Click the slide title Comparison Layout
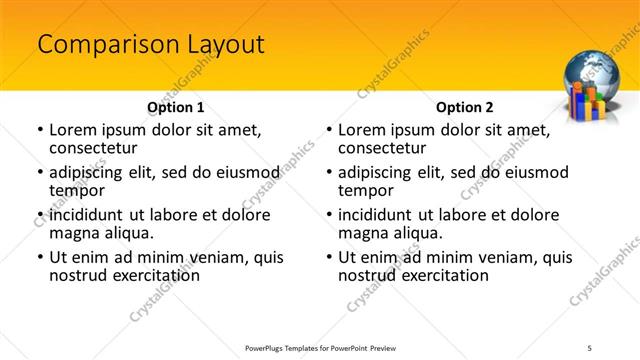tap(150, 45)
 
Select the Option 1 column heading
tap(175, 107)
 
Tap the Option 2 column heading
tap(464, 107)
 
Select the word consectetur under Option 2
tap(382, 148)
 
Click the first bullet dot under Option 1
tap(39, 131)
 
